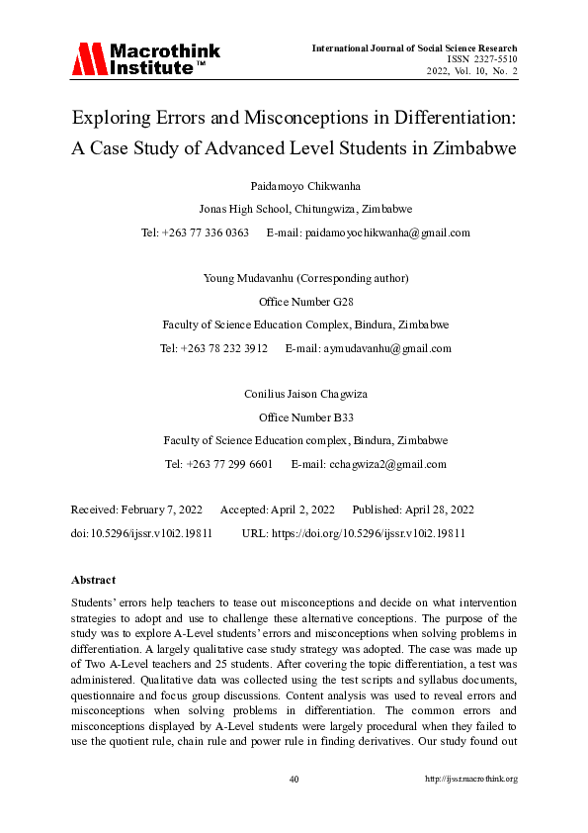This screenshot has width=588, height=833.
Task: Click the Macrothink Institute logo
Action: (145, 59)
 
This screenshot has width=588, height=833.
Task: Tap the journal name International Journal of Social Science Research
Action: (414, 47)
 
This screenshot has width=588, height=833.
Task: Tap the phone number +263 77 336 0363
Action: (210, 233)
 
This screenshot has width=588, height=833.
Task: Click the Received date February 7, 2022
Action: (161, 509)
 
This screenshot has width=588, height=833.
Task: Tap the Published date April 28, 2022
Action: (436, 509)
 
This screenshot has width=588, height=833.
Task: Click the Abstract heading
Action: (94, 580)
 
